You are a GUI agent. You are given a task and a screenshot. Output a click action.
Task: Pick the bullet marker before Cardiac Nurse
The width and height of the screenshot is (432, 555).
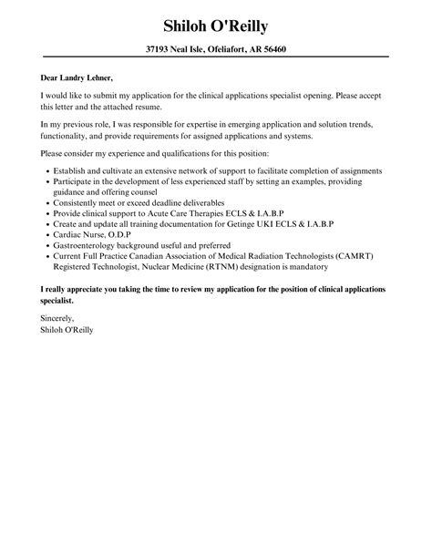tap(46, 232)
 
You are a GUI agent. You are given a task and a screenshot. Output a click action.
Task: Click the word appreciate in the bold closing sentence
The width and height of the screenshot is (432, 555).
tap(79, 289)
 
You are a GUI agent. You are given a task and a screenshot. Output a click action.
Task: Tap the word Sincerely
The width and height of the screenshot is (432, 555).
tap(58, 318)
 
